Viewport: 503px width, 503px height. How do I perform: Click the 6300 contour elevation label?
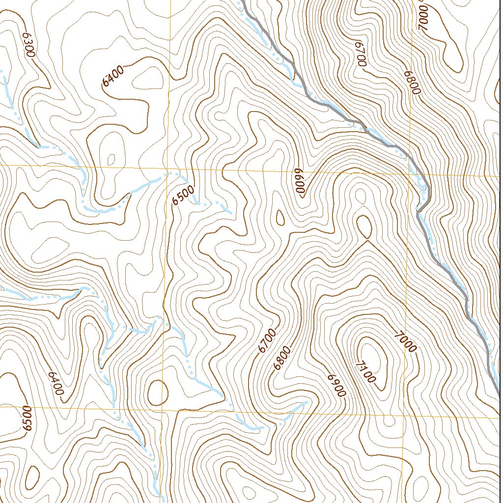tap(28, 45)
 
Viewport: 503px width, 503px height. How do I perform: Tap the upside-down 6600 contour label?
tap(300, 182)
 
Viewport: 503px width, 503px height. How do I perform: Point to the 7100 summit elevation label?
tap(365, 372)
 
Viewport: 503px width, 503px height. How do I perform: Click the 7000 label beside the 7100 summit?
tap(405, 342)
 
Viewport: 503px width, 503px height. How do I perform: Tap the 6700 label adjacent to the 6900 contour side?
tap(268, 341)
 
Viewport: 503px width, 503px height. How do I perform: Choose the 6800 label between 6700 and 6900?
tap(283, 358)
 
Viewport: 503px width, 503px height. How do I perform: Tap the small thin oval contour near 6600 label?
tap(280, 217)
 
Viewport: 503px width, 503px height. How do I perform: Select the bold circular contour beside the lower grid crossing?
tap(158, 391)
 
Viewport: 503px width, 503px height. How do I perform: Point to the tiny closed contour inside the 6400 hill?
tap(112, 160)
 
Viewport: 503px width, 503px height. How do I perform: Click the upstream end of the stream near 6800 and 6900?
tap(307, 402)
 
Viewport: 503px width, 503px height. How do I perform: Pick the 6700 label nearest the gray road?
tap(360, 55)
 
